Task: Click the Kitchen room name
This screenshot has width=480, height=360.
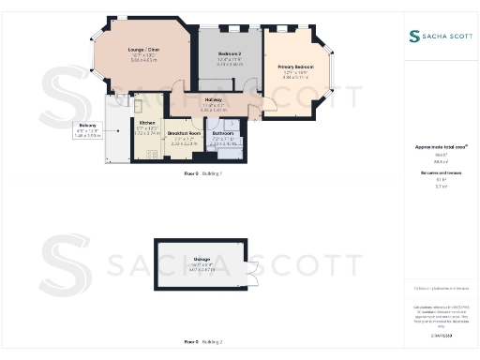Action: (x=147, y=123)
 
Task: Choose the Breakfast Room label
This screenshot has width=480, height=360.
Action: (x=185, y=133)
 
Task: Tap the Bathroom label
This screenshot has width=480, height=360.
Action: (x=223, y=134)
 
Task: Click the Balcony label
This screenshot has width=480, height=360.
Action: (x=87, y=125)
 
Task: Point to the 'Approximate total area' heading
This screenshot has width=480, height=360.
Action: (x=441, y=147)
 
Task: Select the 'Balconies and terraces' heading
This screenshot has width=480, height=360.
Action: (x=441, y=174)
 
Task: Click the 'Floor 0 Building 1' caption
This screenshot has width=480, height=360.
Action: (x=203, y=173)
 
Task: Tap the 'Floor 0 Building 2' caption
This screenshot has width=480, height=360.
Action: (x=203, y=342)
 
